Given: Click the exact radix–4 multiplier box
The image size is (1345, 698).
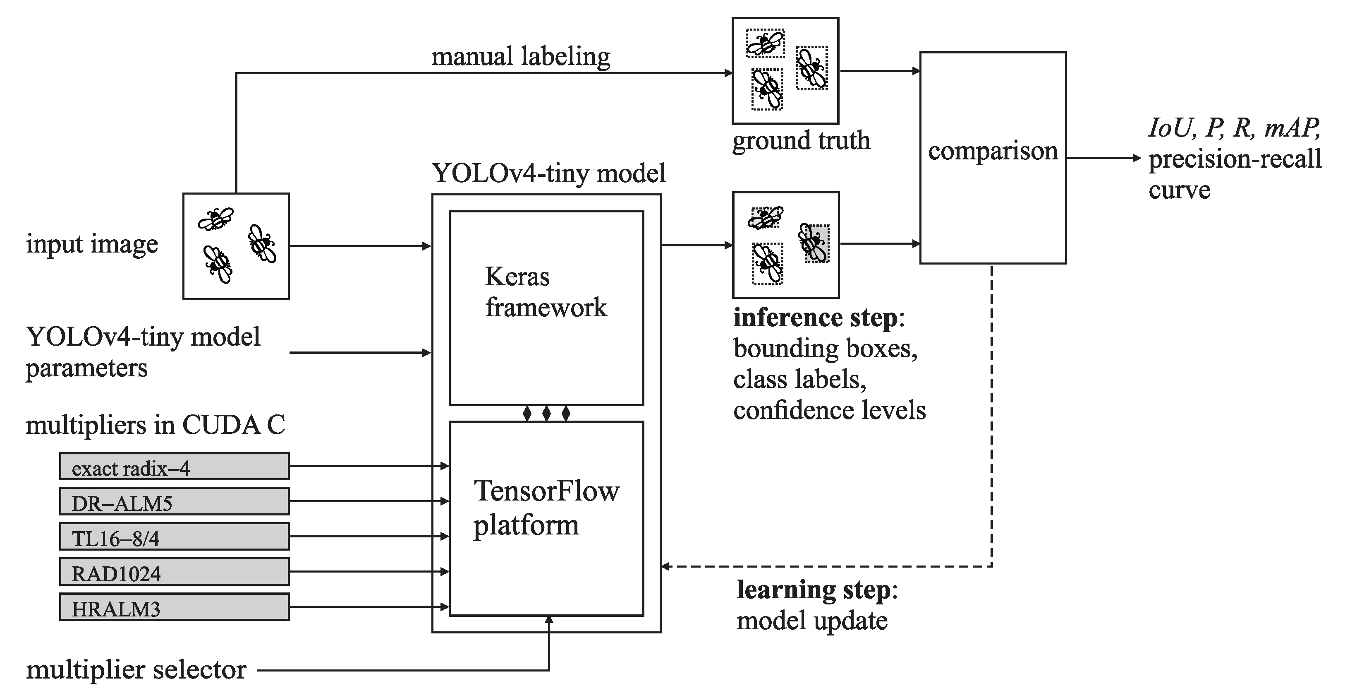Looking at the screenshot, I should (174, 466).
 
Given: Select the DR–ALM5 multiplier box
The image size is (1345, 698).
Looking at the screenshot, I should (174, 501).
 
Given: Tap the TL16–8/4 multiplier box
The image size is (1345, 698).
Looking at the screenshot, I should (174, 537).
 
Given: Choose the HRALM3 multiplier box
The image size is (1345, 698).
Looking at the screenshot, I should (174, 607).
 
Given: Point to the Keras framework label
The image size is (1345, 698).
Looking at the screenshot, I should (545, 291).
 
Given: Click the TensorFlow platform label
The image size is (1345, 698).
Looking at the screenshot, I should (545, 507).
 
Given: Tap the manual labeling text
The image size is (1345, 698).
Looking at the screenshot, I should (521, 56).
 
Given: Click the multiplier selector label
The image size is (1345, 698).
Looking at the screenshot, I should (136, 670).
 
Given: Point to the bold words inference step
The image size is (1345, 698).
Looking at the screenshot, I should (815, 318).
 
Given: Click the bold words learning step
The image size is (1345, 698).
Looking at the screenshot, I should (813, 590).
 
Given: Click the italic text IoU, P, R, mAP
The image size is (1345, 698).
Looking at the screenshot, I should (1234, 128).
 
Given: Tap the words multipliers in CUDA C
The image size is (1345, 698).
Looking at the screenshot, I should (155, 425).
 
